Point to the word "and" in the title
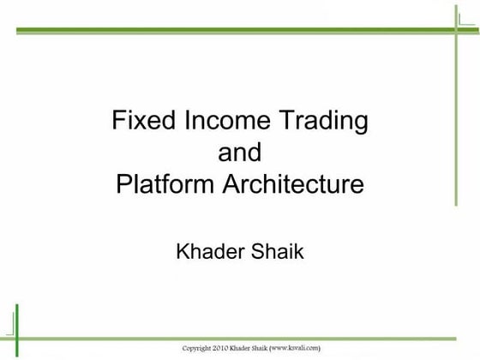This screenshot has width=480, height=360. pyautogui.click(x=240, y=153)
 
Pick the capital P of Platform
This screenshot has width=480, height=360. pyautogui.click(x=122, y=184)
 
